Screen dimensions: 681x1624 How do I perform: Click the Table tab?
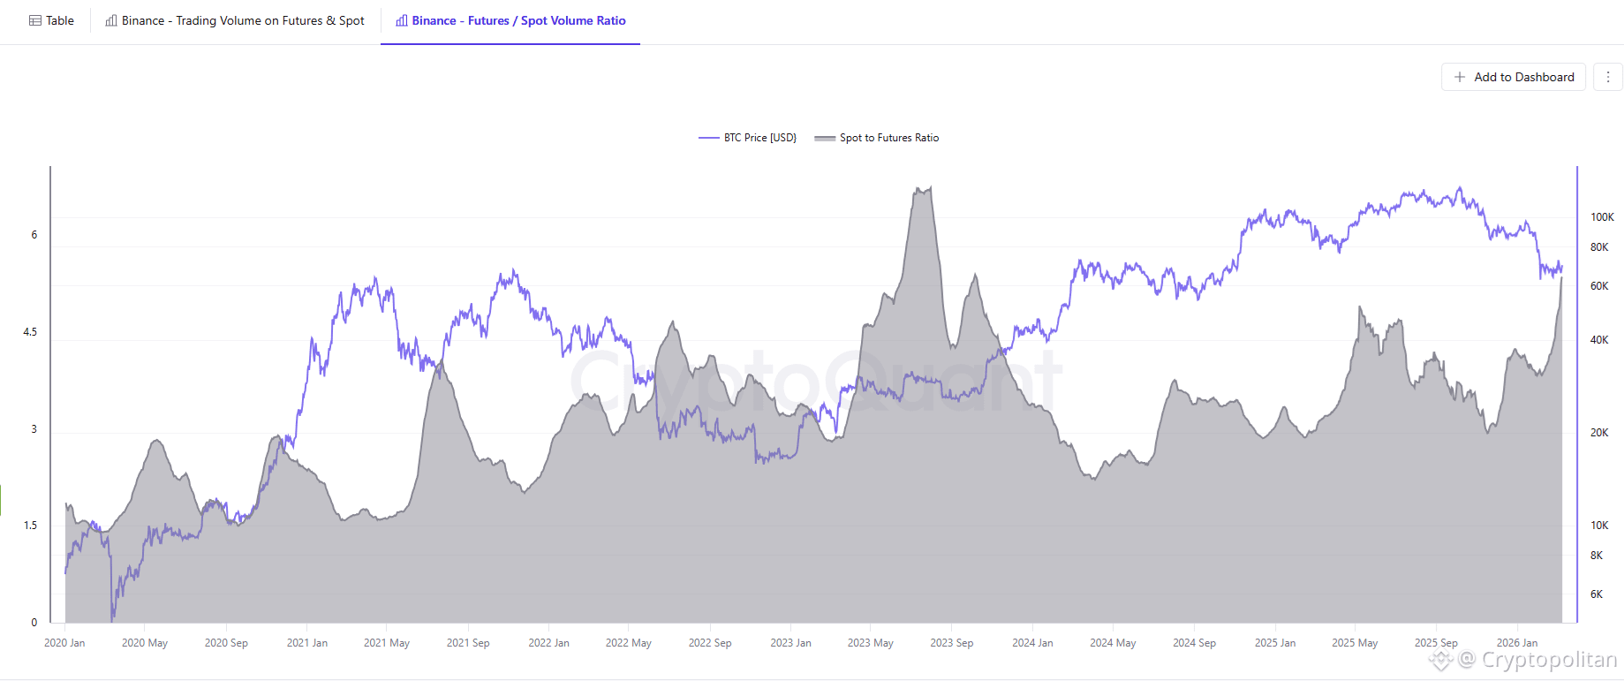coord(51,20)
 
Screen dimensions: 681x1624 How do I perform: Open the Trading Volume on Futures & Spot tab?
coord(235,20)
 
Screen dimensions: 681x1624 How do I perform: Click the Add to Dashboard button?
coord(1514,77)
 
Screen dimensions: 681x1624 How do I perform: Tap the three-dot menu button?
coord(1607,77)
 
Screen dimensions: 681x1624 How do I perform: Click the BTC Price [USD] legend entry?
coord(748,138)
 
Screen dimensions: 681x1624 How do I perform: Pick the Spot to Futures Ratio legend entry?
coord(877,138)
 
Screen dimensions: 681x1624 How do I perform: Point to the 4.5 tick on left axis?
coord(30,332)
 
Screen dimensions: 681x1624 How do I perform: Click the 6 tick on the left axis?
coord(34,235)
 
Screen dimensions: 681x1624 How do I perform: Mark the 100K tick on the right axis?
coord(1601,217)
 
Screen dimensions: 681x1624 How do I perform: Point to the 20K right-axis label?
coord(1598,433)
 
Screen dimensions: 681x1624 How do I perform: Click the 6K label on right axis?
coord(1596,594)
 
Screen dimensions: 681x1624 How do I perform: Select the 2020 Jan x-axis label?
coord(64,643)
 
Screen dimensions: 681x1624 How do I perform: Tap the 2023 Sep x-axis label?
coord(951,643)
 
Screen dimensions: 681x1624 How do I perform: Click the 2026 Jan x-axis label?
coord(1516,643)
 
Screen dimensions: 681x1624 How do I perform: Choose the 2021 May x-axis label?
coord(387,643)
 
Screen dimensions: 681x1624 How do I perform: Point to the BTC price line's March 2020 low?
coord(112,617)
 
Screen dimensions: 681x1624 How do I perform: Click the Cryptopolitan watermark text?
coord(1548,660)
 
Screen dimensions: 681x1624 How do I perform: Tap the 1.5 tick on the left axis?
coord(30,526)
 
